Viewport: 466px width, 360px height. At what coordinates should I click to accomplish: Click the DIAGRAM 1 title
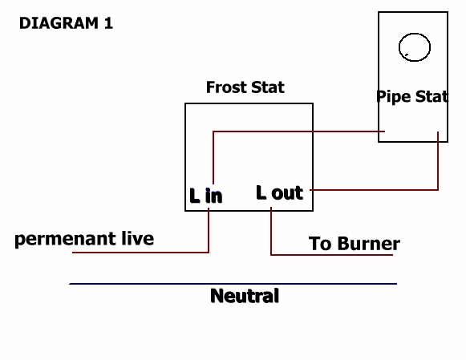[x=66, y=23]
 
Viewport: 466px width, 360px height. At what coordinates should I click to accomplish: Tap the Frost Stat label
[x=245, y=87]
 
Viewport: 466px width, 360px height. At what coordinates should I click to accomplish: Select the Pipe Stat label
[x=412, y=96]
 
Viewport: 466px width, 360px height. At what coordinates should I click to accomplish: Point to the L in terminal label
[x=205, y=196]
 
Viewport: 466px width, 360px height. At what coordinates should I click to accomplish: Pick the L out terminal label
[x=279, y=192]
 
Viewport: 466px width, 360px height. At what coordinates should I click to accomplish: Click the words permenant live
[x=84, y=239]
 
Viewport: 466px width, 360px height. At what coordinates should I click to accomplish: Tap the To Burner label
[x=355, y=244]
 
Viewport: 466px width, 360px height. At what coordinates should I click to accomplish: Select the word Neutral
[x=245, y=296]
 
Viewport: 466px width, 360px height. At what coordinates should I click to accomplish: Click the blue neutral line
[x=233, y=284]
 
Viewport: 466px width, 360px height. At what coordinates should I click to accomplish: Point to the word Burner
[x=369, y=244]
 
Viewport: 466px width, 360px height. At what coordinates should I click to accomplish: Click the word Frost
[x=226, y=87]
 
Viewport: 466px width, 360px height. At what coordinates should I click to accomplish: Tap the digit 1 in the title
[x=109, y=23]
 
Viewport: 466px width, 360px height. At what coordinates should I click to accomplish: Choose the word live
[x=138, y=238]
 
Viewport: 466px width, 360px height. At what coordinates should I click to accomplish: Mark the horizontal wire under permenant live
[x=140, y=253]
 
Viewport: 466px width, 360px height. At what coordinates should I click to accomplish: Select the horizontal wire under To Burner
[x=332, y=254]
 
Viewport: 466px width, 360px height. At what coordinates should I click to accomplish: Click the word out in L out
[x=287, y=193]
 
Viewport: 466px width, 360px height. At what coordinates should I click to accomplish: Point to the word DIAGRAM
[x=59, y=23]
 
